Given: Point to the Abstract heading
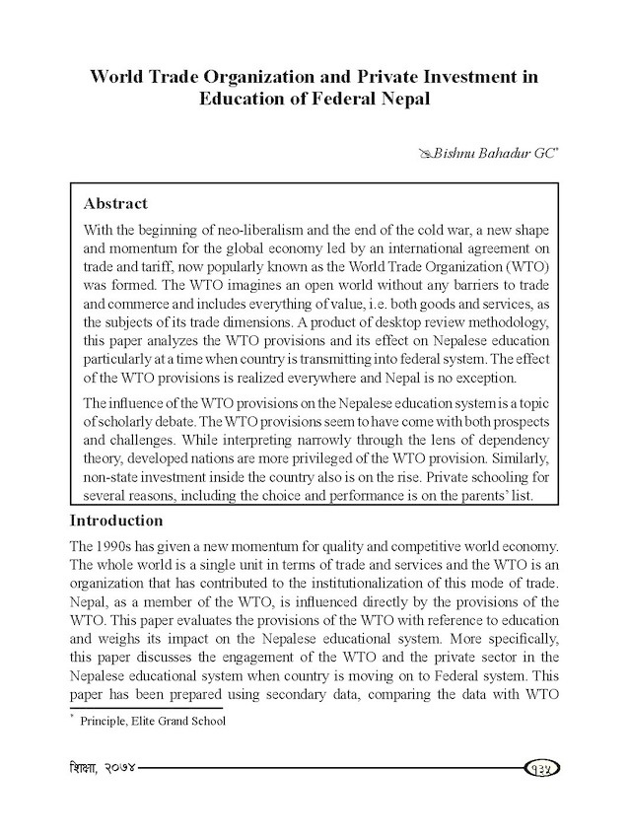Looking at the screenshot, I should (115, 204).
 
